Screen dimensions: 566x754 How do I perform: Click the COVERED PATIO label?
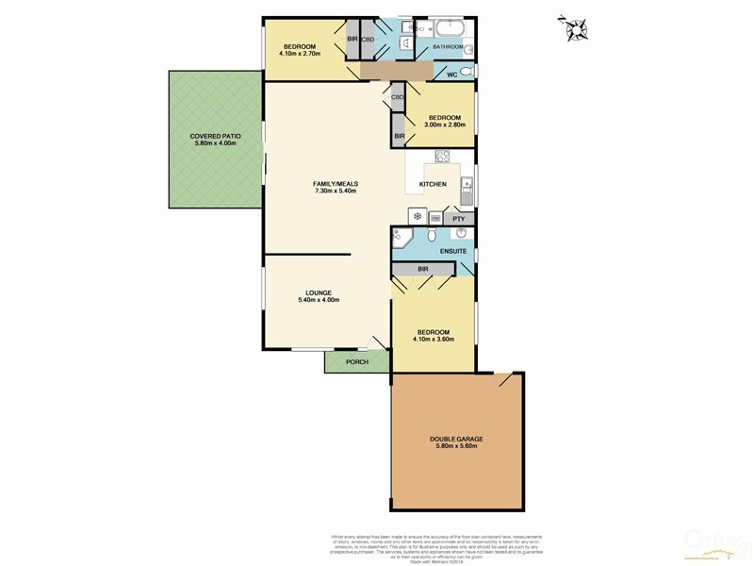(x=215, y=136)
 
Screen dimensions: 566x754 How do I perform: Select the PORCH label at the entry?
(x=357, y=361)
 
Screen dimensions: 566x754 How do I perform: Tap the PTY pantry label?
(x=459, y=219)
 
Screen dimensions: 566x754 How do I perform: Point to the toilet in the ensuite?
(x=432, y=236)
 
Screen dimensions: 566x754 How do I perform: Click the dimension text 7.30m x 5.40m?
(x=336, y=191)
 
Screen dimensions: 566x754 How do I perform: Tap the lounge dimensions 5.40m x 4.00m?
(x=318, y=300)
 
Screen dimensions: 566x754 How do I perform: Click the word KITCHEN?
(x=433, y=184)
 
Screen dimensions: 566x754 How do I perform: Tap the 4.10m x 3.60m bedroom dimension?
(x=434, y=340)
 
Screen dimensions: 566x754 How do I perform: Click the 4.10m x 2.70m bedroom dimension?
(x=300, y=54)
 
